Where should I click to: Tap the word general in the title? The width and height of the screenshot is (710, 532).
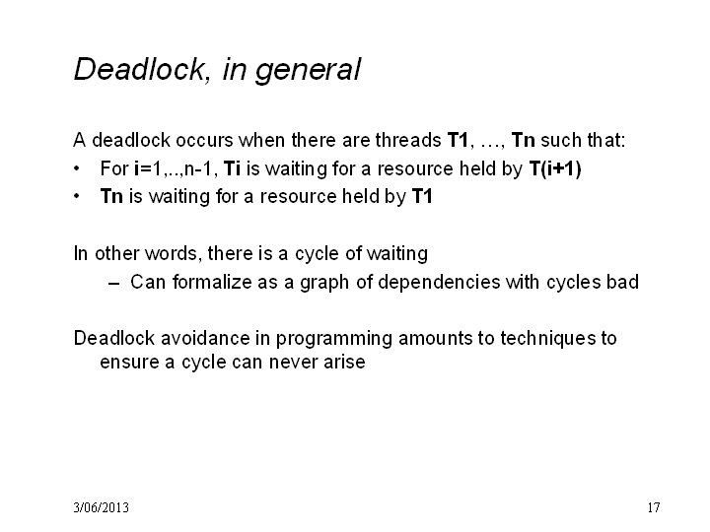(x=309, y=70)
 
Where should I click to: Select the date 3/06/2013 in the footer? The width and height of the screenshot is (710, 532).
(x=101, y=507)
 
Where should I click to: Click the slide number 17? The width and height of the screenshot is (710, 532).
(x=654, y=507)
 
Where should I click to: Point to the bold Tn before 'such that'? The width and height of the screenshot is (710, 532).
(x=523, y=140)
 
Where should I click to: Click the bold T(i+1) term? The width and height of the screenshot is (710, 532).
(x=555, y=168)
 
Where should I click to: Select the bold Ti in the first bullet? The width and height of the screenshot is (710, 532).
(x=232, y=168)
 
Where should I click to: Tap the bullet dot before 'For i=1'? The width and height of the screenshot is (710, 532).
(x=77, y=168)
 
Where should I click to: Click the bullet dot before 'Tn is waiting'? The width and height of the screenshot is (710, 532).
(x=77, y=196)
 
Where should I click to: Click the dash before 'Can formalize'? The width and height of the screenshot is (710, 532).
(x=114, y=284)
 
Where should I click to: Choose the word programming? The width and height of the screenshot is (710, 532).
(x=334, y=339)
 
